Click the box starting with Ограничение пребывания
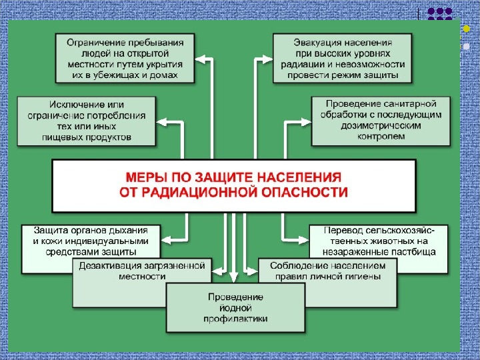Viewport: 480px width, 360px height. click(125, 59)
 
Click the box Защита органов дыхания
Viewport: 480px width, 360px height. click(91, 241)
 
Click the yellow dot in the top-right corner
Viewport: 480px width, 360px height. click(466, 29)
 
